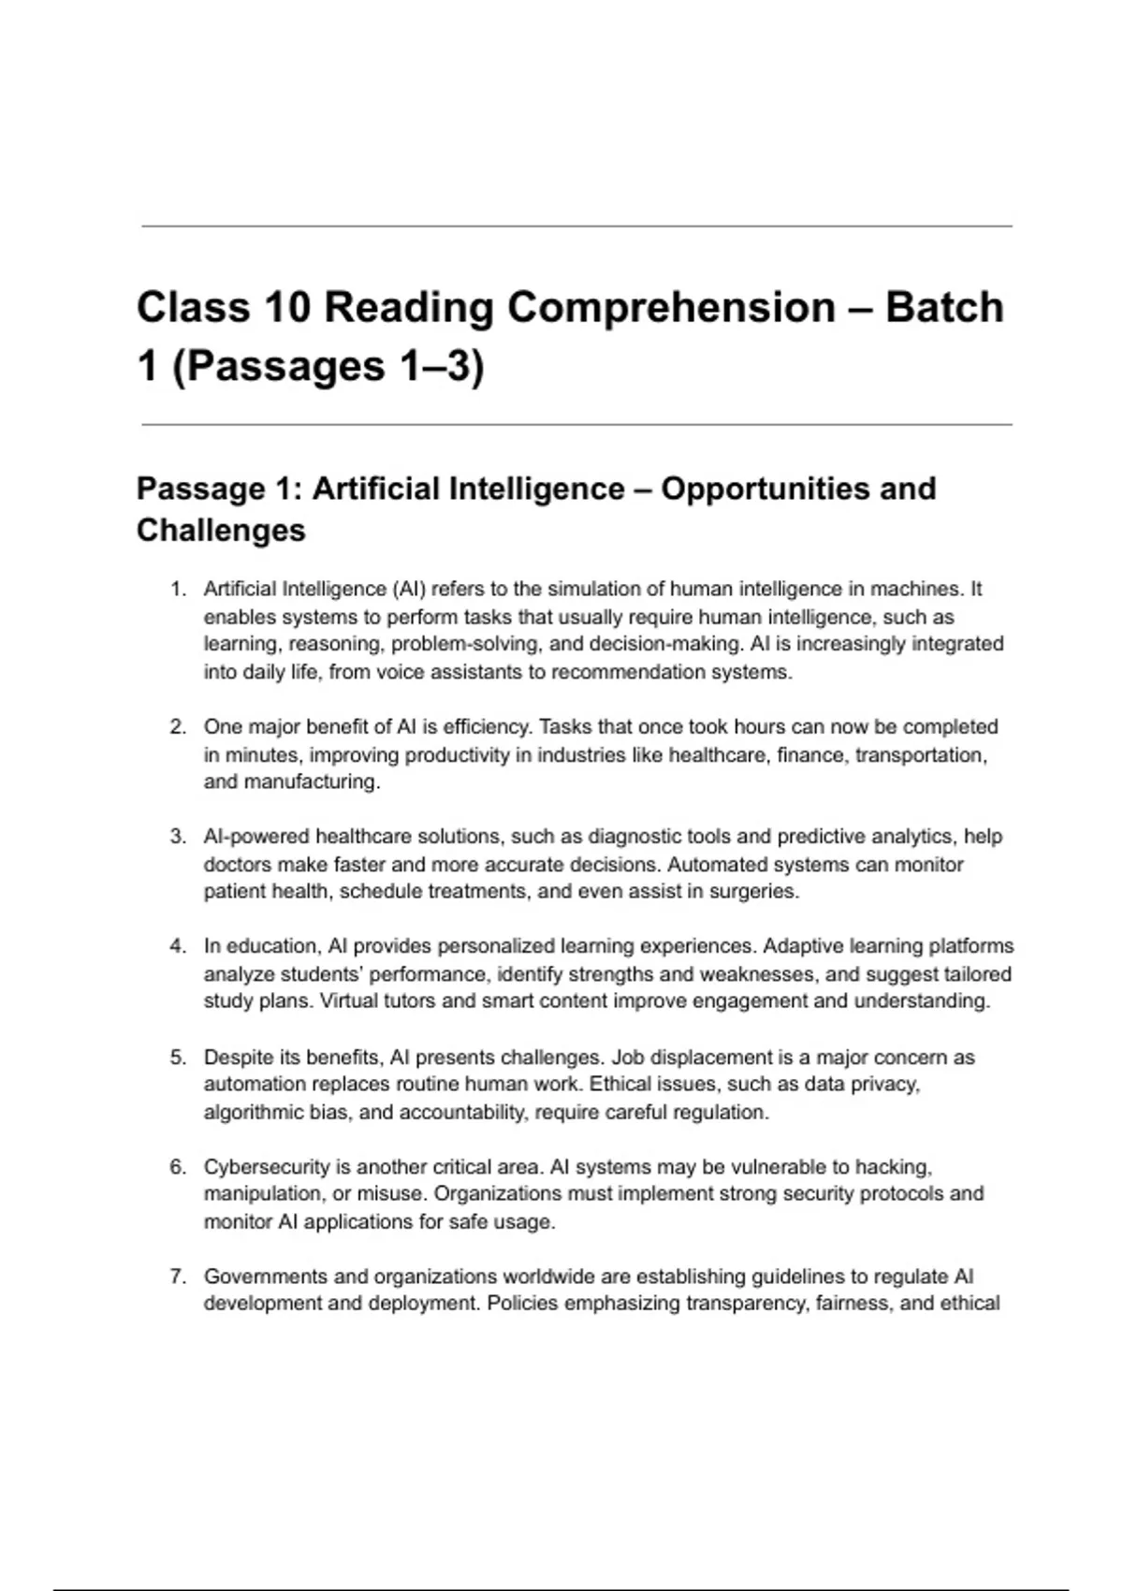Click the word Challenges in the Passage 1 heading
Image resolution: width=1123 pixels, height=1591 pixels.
[221, 531]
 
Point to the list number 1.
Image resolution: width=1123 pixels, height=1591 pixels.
[177, 590]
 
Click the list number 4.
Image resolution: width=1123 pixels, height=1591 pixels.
[177, 946]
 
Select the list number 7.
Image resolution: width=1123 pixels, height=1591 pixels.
[177, 1277]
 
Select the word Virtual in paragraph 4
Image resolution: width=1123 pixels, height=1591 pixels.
[348, 1001]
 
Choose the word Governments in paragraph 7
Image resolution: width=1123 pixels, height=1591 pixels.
[266, 1277]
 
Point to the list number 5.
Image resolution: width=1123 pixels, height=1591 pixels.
[177, 1058]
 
